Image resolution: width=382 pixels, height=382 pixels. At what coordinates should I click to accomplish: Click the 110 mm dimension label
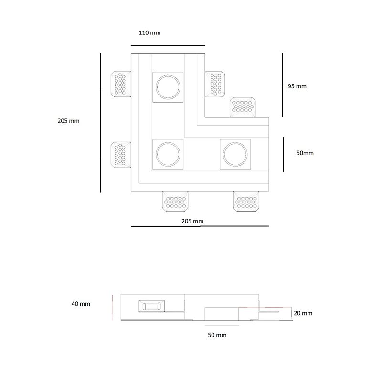(x=150, y=33)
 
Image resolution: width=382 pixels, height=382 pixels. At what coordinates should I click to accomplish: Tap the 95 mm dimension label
(x=297, y=86)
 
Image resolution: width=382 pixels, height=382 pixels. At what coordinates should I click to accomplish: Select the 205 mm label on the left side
(x=68, y=121)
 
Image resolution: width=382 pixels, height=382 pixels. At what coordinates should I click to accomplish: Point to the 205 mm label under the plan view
(x=192, y=221)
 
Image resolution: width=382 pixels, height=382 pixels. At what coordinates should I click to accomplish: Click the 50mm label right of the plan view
(x=305, y=153)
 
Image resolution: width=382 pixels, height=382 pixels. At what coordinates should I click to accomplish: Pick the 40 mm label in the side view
(x=81, y=304)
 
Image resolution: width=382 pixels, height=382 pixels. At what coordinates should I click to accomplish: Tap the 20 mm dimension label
(x=303, y=313)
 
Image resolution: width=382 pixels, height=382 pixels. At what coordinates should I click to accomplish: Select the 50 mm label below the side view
(x=217, y=335)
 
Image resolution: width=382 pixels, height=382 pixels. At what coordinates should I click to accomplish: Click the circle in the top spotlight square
(x=168, y=86)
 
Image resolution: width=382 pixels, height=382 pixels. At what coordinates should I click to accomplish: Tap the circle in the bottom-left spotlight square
(x=168, y=154)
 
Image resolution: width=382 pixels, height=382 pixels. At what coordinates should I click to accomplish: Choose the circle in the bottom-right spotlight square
(x=235, y=154)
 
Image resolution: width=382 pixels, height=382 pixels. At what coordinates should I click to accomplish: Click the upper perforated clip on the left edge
(x=121, y=84)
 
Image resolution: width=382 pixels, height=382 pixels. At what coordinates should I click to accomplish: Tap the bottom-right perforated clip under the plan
(x=247, y=202)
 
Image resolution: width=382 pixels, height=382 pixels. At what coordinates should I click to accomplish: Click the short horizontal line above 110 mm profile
(x=167, y=46)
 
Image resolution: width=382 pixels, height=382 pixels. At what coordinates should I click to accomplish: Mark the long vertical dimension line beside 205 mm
(x=101, y=123)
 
